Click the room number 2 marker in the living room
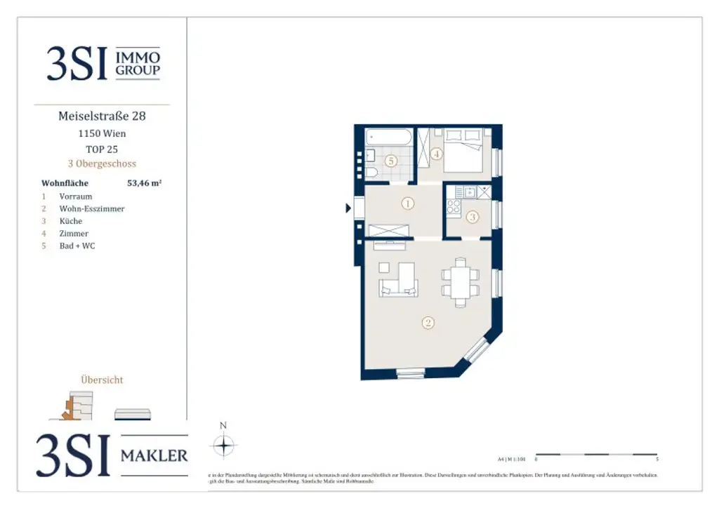click(428, 323)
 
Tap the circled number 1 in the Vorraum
click(407, 204)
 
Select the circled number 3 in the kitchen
click(473, 217)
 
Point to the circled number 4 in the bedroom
click(437, 154)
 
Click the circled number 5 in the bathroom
click(391, 161)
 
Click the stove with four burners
click(454, 206)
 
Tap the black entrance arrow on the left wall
click(348, 208)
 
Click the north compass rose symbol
click(223, 446)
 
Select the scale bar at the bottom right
click(596, 455)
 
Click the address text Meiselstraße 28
click(102, 116)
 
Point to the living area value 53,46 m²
click(144, 183)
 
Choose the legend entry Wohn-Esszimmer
click(92, 209)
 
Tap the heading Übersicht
click(102, 380)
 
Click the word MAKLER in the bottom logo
click(154, 456)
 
